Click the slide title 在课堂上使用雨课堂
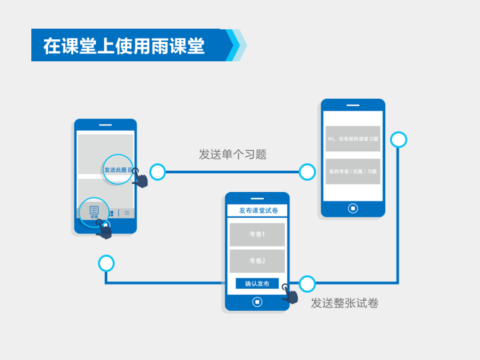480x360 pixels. (124, 45)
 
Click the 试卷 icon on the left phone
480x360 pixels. (94, 212)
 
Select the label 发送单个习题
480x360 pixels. (232, 155)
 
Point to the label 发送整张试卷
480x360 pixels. (345, 303)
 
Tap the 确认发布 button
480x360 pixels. (257, 283)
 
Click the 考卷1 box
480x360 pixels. (257, 235)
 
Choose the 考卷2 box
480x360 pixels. (257, 261)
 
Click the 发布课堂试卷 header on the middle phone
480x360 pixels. (257, 211)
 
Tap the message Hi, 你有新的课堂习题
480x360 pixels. (353, 139)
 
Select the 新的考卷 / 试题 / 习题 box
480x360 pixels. (353, 171)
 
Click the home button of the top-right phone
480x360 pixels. (353, 208)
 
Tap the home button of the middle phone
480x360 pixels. (257, 302)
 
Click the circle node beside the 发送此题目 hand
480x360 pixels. (157, 172)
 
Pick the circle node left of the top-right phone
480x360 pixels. (307, 172)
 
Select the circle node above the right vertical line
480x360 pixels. (399, 139)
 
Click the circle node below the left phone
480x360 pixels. (106, 263)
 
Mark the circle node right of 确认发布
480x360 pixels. (307, 284)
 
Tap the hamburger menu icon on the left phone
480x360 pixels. (127, 213)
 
